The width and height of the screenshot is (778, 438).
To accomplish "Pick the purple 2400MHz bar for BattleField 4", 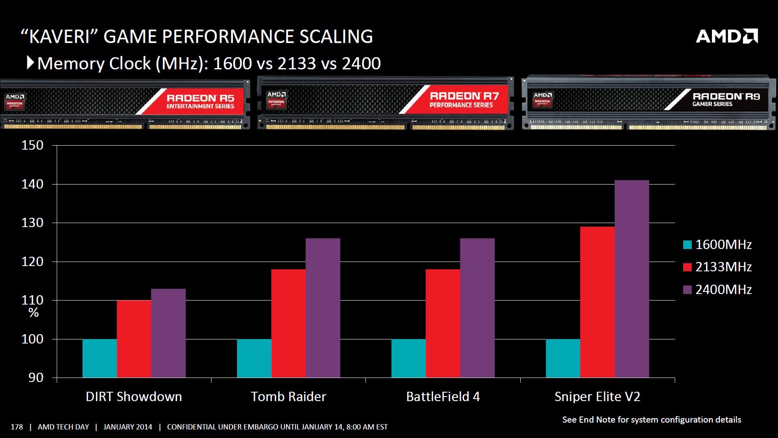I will click(477, 308).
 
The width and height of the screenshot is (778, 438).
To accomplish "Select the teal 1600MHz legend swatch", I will click(687, 245).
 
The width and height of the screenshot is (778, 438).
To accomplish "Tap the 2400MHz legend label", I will click(723, 290).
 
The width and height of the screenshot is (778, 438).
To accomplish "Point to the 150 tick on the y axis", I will click(32, 145).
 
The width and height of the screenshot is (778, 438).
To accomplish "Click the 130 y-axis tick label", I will click(32, 223).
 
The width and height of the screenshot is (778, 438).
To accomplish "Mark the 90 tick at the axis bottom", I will click(36, 378).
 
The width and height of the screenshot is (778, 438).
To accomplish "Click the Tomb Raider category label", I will click(288, 396).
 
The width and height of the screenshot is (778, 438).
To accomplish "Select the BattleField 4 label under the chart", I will click(443, 396).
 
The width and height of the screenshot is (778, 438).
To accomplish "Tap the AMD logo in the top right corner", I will click(727, 36).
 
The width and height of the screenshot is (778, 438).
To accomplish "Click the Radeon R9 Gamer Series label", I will click(726, 99).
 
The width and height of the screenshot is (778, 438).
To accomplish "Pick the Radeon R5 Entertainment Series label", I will click(200, 101).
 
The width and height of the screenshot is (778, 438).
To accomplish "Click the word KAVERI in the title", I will click(60, 36).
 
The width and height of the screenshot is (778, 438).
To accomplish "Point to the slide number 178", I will click(17, 427).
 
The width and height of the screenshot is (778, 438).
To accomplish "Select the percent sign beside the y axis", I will click(34, 313).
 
